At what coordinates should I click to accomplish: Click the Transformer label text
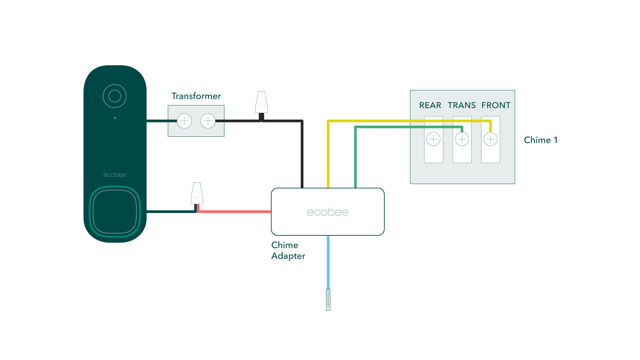196,96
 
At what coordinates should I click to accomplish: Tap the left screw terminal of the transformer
184,121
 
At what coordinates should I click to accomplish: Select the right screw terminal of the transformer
208,121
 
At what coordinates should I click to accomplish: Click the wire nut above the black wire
262,102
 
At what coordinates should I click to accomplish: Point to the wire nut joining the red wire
197,193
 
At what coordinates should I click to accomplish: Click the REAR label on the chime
430,105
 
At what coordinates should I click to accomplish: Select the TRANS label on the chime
462,105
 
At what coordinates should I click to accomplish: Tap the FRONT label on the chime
496,105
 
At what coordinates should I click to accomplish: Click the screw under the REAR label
433,139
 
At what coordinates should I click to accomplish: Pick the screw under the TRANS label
462,139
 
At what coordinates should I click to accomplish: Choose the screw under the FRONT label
491,139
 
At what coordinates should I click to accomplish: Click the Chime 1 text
540,140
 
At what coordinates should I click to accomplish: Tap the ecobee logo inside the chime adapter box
327,212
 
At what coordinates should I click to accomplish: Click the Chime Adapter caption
288,250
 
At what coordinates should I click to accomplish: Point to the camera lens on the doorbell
115,96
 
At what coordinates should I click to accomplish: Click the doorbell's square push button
115,212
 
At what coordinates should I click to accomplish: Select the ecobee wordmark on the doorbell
115,175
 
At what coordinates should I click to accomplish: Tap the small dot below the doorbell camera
115,118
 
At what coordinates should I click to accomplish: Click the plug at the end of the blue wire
328,300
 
